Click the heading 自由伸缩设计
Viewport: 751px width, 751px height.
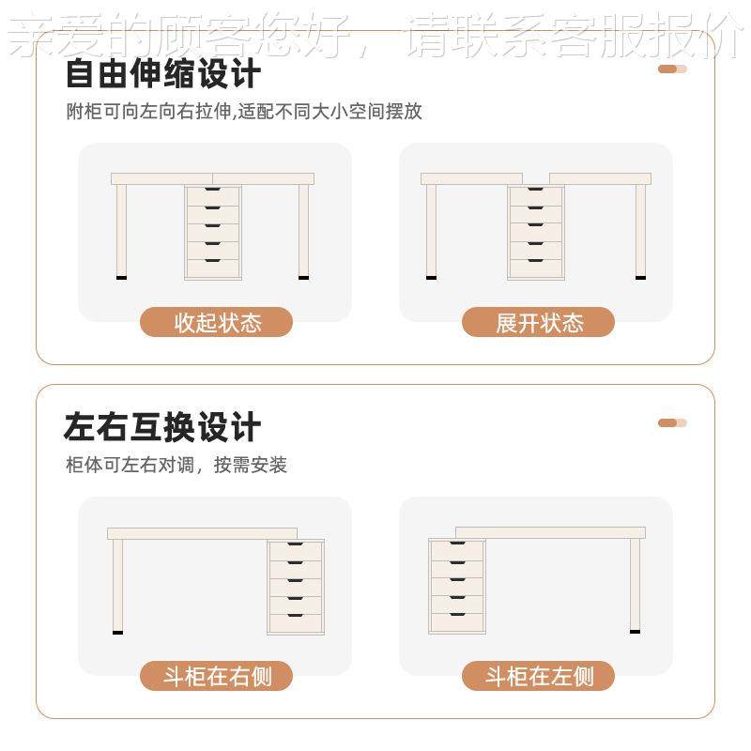coord(161,72)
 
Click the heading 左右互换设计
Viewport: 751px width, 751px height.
coord(161,427)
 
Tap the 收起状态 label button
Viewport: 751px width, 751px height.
coord(217,323)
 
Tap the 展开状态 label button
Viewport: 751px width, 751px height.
coord(539,323)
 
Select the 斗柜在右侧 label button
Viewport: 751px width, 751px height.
coord(217,676)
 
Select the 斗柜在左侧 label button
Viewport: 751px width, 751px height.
coord(539,676)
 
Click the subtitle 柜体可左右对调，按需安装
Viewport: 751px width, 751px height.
coord(176,465)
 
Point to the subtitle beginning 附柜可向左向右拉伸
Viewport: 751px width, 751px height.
coord(243,112)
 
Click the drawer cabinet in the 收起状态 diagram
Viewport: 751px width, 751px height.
coord(213,231)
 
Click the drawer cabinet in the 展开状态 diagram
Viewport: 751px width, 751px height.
coord(535,231)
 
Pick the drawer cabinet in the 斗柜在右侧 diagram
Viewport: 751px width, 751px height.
coord(296,587)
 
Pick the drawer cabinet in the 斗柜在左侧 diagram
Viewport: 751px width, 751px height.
coord(456,586)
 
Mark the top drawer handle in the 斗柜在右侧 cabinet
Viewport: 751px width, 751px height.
coord(296,545)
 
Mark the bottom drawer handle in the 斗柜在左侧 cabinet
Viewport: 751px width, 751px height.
coord(456,615)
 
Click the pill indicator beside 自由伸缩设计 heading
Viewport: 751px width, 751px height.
coord(672,69)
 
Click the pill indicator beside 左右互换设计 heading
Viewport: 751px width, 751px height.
coord(672,422)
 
